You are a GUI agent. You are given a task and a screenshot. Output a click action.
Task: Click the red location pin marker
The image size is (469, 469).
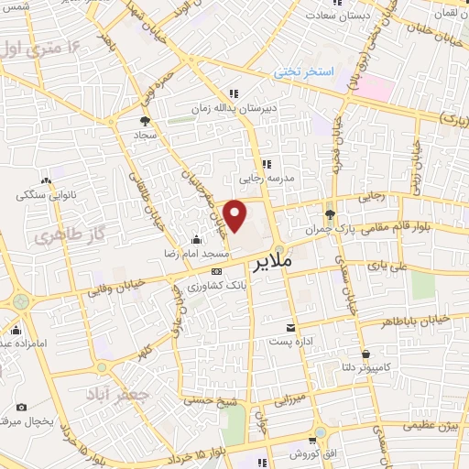(235, 215)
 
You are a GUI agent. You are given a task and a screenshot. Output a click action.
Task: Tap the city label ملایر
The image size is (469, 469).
(295, 260)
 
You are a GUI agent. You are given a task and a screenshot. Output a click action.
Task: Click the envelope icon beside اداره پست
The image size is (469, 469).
(291, 328)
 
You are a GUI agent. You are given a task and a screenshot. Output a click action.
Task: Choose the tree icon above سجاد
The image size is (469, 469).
(146, 119)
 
